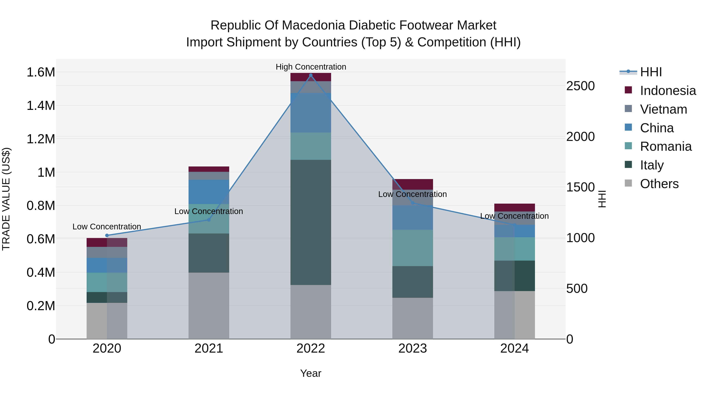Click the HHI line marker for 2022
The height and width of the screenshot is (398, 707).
(x=311, y=75)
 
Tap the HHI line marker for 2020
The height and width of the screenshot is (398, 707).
(x=107, y=235)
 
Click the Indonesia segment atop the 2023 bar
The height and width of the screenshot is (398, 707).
(x=412, y=184)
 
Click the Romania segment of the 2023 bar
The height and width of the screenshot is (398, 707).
(x=412, y=248)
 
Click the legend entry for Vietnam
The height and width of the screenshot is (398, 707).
(x=663, y=109)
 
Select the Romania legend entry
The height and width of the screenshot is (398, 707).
(x=666, y=146)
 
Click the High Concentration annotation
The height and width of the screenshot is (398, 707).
(x=311, y=67)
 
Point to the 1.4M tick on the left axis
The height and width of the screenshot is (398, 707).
(x=41, y=106)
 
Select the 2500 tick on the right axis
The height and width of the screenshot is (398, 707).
(x=580, y=86)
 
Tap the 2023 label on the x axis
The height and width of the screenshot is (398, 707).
(x=412, y=348)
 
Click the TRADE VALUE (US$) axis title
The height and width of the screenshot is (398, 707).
(x=6, y=199)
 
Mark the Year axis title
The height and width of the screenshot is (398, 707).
(x=311, y=373)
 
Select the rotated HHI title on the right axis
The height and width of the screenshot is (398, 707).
(x=602, y=199)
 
